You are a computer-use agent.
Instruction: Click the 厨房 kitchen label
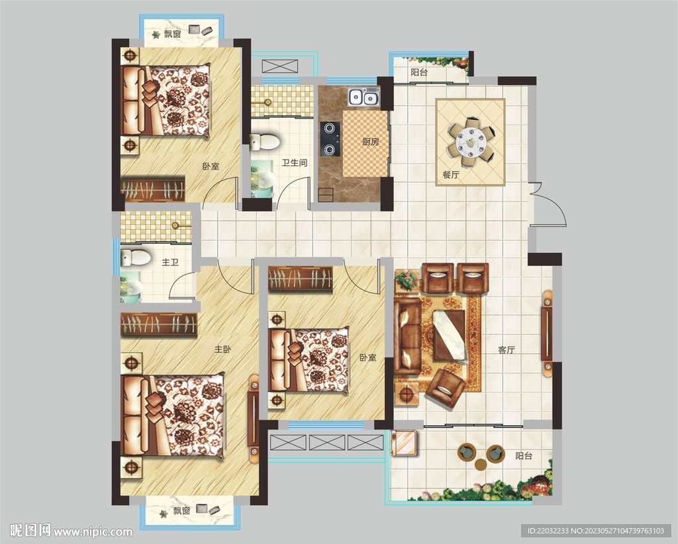click(371, 141)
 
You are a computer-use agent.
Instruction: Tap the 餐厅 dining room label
click(450, 175)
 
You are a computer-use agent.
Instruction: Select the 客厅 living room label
click(507, 349)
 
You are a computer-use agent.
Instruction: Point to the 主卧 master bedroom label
click(222, 349)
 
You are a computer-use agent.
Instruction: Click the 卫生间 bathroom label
click(295, 163)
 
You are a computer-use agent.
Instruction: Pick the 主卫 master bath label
click(170, 262)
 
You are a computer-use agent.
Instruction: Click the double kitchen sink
click(364, 97)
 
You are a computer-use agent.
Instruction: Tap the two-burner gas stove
click(330, 139)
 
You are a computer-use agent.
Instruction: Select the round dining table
click(471, 141)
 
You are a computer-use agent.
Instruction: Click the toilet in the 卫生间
click(264, 142)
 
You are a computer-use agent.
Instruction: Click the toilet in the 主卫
click(135, 257)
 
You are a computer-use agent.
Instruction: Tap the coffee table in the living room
click(450, 336)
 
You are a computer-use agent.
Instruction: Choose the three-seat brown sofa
click(407, 336)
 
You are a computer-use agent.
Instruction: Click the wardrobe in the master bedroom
click(159, 324)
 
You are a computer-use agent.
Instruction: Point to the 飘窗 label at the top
click(172, 34)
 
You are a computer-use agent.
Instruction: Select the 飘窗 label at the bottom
click(181, 511)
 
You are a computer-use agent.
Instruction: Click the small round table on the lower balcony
click(481, 465)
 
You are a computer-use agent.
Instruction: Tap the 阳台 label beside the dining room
click(419, 72)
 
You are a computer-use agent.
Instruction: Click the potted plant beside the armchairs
click(407, 281)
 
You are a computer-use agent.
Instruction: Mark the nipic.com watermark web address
click(93, 531)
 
